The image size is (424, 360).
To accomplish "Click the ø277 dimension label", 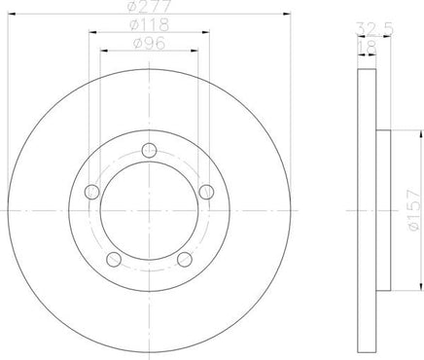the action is [149, 6].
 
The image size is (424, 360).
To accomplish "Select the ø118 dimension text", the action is [149, 24].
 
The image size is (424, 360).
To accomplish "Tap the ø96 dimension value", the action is [149, 44].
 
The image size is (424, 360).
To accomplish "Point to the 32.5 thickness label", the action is [375, 29].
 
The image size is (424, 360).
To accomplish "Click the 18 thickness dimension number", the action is [368, 48].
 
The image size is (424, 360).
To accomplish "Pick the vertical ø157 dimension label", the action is [414, 210].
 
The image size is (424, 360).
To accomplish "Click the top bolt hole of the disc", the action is [149, 151].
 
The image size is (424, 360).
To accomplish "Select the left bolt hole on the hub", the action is [91, 192].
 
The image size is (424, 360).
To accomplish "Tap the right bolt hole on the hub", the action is [206, 192].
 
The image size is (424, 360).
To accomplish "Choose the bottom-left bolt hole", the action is [114, 260].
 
